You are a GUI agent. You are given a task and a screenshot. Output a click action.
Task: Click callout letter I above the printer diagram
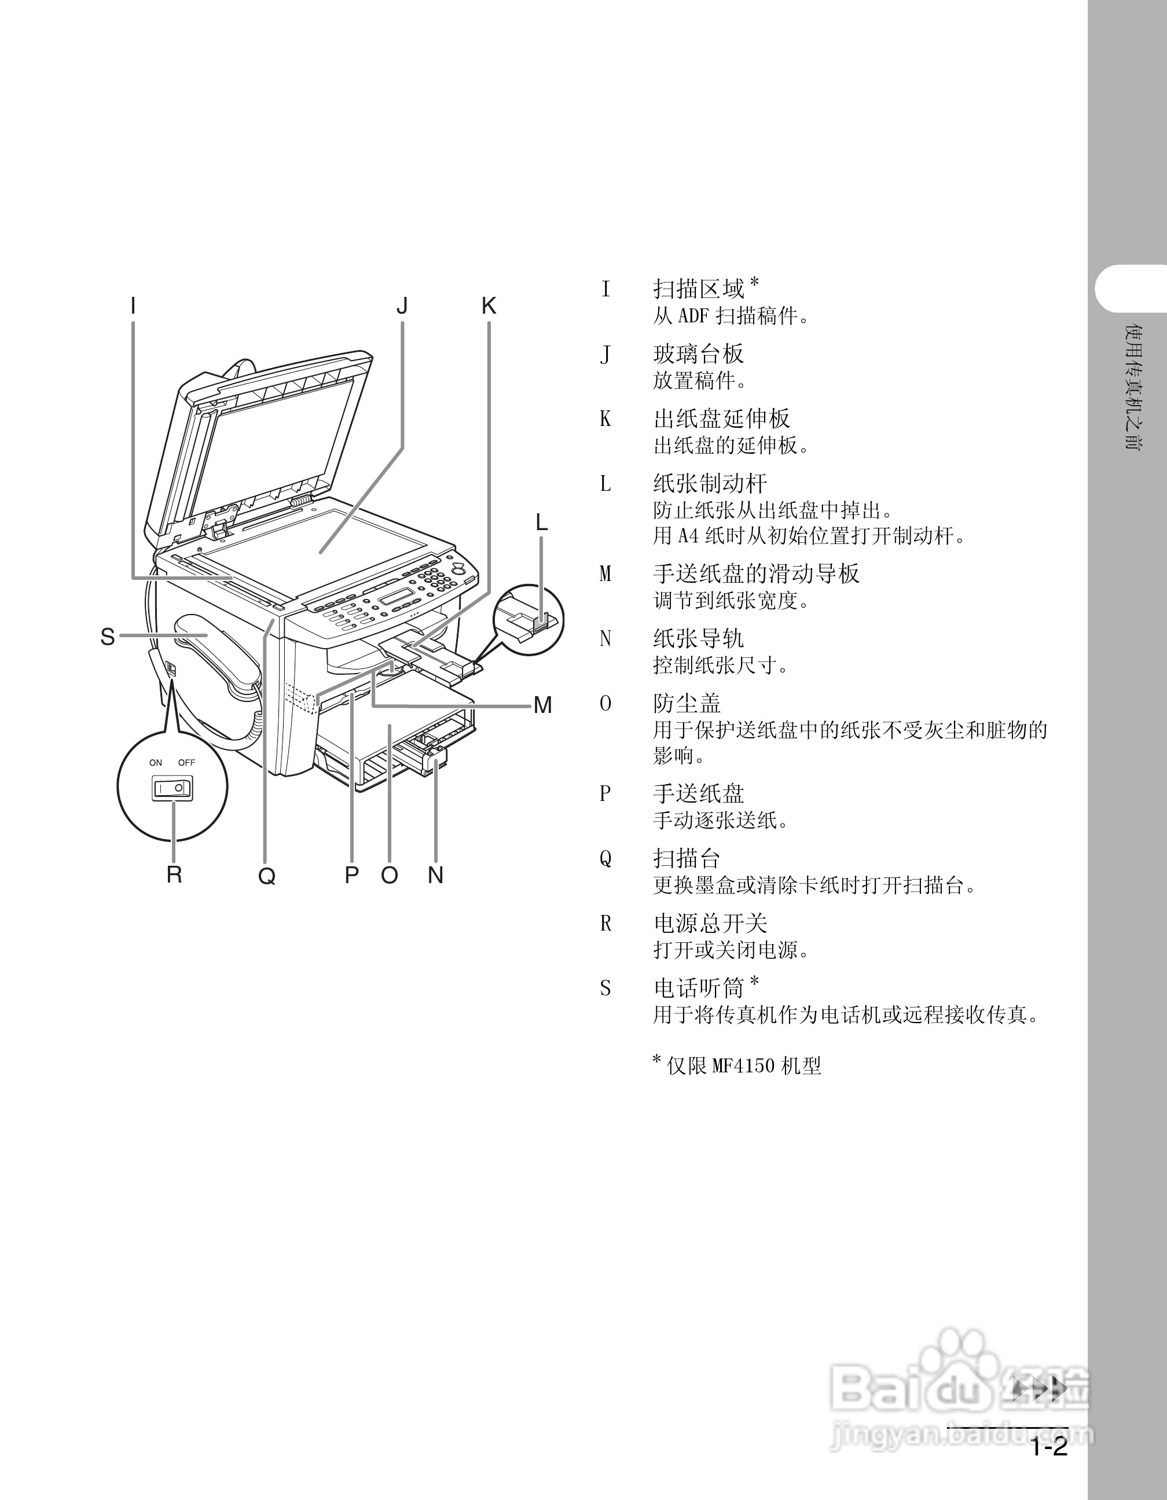click(133, 306)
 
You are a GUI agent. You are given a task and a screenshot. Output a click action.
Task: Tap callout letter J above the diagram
click(402, 306)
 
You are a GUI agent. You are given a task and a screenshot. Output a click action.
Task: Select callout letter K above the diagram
click(489, 306)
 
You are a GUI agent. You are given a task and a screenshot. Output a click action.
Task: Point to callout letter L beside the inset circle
click(542, 523)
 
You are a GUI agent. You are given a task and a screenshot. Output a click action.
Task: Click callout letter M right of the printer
click(542, 705)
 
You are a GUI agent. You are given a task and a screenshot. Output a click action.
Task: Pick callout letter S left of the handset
click(108, 637)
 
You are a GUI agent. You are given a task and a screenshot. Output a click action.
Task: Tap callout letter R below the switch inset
click(174, 875)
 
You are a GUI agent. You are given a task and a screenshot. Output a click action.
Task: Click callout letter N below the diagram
click(435, 875)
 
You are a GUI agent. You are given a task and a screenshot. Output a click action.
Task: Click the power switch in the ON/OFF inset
click(172, 788)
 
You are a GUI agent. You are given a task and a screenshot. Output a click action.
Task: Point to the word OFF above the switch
click(187, 762)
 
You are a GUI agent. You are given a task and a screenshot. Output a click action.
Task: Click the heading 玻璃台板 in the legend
click(698, 354)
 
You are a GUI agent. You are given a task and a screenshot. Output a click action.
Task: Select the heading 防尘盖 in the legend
click(687, 703)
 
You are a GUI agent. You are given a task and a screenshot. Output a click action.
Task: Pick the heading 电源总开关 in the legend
click(710, 924)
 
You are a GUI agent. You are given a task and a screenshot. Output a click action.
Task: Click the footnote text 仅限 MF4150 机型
click(744, 1066)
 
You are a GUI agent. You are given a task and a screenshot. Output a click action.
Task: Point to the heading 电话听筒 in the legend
click(699, 988)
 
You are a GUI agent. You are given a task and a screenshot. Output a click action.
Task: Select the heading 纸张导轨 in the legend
click(698, 639)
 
